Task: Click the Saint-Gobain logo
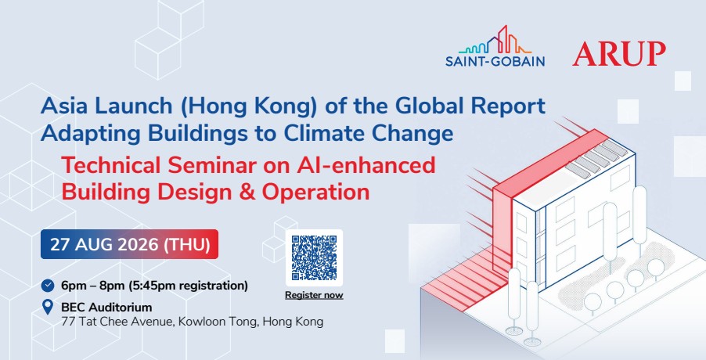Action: click(x=495, y=46)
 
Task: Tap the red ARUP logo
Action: click(x=619, y=54)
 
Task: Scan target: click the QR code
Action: click(x=315, y=257)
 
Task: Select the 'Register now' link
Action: click(x=315, y=295)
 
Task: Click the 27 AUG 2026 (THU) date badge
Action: click(x=130, y=244)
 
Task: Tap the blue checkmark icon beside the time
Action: click(x=47, y=286)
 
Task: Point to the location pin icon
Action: click(x=47, y=308)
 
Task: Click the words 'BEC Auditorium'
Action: click(x=106, y=308)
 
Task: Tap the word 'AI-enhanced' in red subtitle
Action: click(x=366, y=164)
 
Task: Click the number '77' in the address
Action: click(x=68, y=322)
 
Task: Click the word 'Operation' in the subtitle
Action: click(x=316, y=193)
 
